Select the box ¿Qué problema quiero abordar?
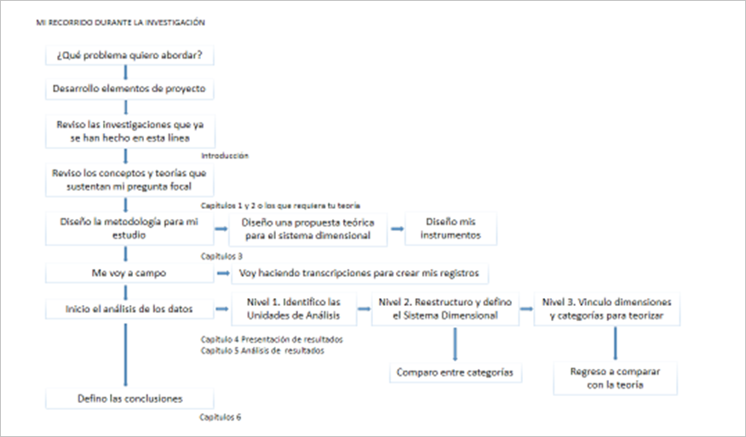tap(129, 55)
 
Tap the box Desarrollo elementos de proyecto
tap(129, 88)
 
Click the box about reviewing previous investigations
tap(129, 130)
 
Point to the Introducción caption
tap(225, 156)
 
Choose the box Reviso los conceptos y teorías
tap(129, 179)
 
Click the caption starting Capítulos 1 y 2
tap(280, 205)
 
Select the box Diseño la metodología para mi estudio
tap(129, 227)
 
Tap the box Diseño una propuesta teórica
tap(309, 227)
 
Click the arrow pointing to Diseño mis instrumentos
tap(395, 228)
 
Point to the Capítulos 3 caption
tap(221, 255)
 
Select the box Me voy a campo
tap(129, 274)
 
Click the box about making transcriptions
tap(359, 274)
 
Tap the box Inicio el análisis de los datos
tap(129, 308)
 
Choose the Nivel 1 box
tap(292, 308)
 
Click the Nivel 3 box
tap(611, 308)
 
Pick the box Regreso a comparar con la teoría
tap(615, 378)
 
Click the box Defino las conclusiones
tap(129, 398)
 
